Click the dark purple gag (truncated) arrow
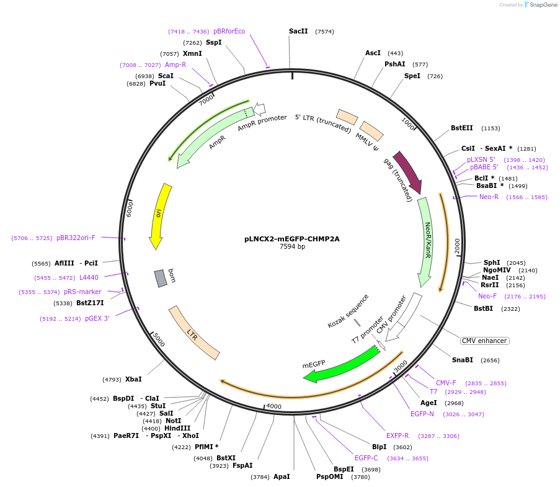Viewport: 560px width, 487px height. (408, 171)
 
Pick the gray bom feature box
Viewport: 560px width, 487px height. (161, 277)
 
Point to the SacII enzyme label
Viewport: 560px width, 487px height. (298, 31)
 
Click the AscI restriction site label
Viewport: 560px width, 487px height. (373, 53)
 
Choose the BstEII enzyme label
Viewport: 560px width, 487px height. (462, 128)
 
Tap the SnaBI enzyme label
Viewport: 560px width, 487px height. (462, 360)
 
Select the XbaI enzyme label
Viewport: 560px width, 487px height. (133, 379)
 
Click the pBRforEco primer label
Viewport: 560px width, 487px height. (229, 31)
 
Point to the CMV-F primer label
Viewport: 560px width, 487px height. (446, 383)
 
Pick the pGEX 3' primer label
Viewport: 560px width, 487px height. (97, 318)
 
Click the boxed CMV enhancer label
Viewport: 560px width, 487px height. (484, 341)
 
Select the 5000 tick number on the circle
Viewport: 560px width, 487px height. (158, 340)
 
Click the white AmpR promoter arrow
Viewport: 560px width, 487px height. (259, 109)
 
